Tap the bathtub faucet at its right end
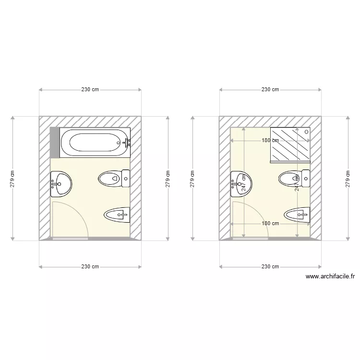[127, 142]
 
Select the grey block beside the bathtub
[54, 143]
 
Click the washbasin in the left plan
[61, 184]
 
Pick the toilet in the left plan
[114, 179]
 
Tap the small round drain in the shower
[307, 131]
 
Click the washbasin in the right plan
[242, 184]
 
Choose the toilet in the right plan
[294, 179]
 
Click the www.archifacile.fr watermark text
[330, 276]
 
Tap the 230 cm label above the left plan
[90, 89]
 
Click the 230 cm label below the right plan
[270, 266]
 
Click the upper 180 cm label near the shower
[270, 141]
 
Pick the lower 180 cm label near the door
[270, 223]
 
